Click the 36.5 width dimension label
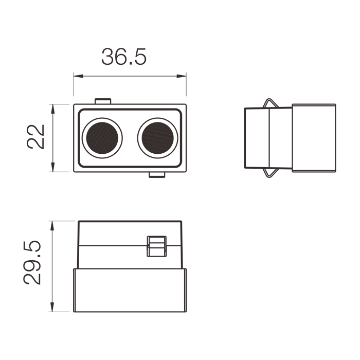point(124,57)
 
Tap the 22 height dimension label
point(35,137)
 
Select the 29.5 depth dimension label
point(32,263)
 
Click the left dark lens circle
point(102,138)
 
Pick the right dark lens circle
point(158,138)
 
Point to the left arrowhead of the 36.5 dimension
point(78,76)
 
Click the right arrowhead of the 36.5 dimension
point(182,76)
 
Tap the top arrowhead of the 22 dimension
point(53,109)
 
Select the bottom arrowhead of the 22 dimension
point(53,167)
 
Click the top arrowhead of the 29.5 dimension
point(52,226)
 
